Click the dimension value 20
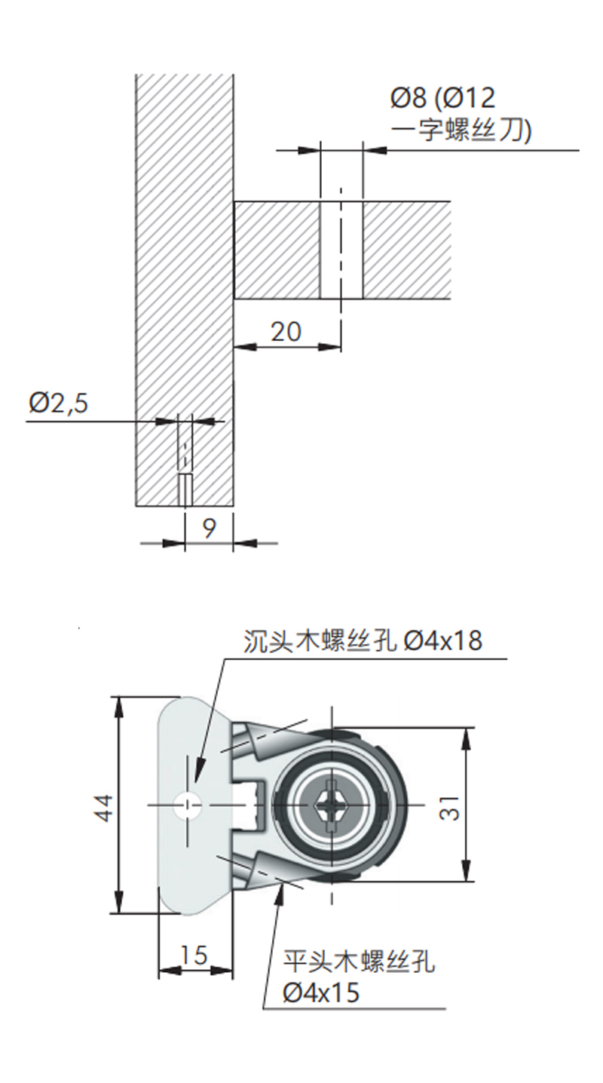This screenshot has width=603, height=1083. pos(286,332)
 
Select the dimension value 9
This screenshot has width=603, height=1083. pos(209,529)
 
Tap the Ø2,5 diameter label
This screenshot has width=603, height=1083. pos(59,403)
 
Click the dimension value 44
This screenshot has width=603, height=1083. pos(103,808)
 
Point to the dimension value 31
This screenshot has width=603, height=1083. pos(449,808)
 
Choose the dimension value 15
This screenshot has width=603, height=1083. pos(194,955)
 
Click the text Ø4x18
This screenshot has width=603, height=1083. pos(443,640)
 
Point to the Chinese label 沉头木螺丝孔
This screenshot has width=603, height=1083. pos(320,640)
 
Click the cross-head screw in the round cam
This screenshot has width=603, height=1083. pos(332,805)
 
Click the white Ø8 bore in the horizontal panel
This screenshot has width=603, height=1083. pos(341,250)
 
